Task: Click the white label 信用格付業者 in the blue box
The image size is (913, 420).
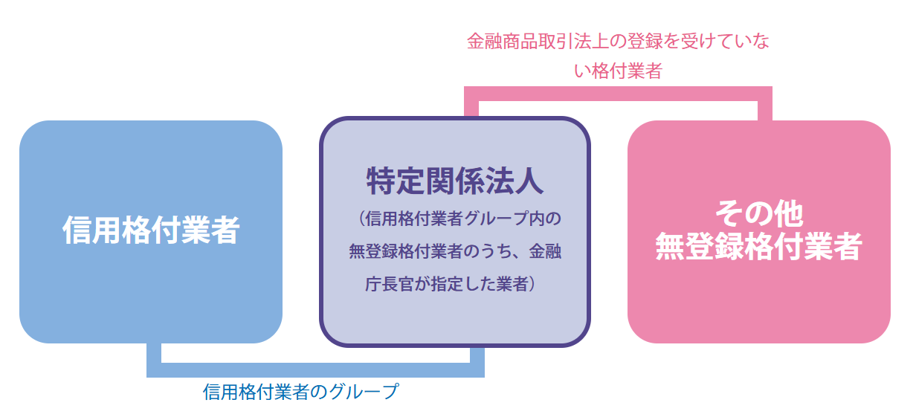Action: click(151, 230)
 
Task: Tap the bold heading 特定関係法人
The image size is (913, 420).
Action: click(455, 181)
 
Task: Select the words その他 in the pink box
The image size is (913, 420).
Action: click(759, 213)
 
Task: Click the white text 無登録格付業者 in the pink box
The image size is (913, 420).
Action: click(759, 246)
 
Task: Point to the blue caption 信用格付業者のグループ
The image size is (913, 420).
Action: click(301, 392)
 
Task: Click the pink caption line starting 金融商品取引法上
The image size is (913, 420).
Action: click(618, 41)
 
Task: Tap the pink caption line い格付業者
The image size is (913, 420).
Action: click(618, 71)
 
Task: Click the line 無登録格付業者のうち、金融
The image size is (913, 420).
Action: click(455, 251)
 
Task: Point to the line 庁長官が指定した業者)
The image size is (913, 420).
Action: click(451, 284)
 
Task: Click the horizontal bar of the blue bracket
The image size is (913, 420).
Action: click(315, 370)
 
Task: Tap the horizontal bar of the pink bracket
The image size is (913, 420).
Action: click(618, 94)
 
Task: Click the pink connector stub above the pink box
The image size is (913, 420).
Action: click(765, 111)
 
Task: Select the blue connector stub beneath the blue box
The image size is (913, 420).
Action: click(154, 353)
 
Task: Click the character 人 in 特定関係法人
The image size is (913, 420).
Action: click(529, 181)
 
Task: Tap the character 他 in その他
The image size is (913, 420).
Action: click(789, 213)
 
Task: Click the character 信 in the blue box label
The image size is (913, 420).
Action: click(77, 230)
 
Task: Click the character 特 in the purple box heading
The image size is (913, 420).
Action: click(381, 181)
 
